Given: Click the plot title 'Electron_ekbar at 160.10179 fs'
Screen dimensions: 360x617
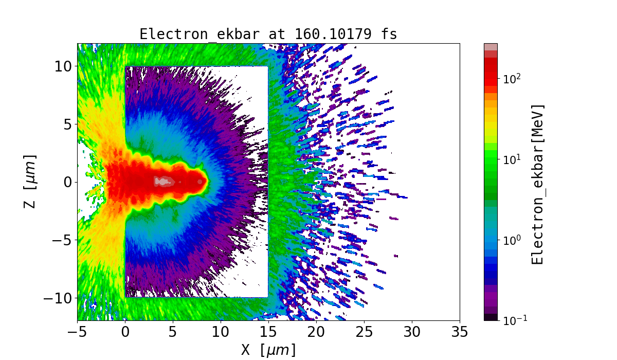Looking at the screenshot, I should click(x=268, y=34).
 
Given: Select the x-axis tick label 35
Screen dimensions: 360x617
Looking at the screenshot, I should click(x=460, y=332).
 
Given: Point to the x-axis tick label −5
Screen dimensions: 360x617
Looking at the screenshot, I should click(x=77, y=332).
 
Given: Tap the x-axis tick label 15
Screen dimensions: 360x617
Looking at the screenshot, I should click(x=268, y=332).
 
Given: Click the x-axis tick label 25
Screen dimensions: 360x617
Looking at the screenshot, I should click(x=364, y=332).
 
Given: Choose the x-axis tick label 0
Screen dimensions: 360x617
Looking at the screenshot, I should click(x=125, y=332).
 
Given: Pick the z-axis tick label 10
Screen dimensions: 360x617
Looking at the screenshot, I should click(x=62, y=66).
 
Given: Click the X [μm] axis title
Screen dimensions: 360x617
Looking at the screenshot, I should click(x=268, y=350).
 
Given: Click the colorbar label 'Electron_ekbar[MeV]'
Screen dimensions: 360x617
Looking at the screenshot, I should click(x=538, y=184).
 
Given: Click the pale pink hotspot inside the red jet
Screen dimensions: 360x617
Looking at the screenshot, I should click(x=163, y=181).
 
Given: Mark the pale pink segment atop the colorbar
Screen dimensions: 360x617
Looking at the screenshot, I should click(x=491, y=47).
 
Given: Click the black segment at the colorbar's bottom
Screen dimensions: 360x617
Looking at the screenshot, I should click(x=491, y=317).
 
